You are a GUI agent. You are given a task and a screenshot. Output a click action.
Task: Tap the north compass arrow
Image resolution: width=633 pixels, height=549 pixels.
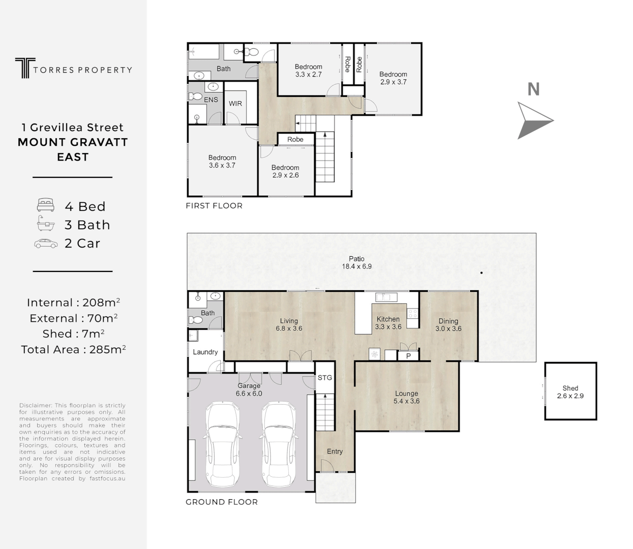(534, 120)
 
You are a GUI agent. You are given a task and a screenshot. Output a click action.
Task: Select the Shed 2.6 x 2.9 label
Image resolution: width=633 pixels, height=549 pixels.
(570, 392)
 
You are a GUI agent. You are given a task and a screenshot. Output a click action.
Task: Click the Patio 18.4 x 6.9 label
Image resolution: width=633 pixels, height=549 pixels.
(356, 263)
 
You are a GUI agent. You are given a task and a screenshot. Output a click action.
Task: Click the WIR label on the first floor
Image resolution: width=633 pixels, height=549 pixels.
(235, 104)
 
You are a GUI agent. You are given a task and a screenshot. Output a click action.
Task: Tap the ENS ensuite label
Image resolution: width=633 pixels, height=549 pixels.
(211, 100)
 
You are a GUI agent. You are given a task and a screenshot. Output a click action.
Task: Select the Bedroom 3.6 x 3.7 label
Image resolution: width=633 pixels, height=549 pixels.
(222, 162)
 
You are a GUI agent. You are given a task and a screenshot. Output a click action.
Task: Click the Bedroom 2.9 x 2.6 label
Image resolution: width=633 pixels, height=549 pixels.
(285, 171)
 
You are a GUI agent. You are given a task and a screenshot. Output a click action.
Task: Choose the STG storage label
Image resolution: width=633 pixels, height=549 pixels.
(325, 378)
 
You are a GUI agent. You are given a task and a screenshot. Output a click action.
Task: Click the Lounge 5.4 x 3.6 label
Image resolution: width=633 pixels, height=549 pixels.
(406, 397)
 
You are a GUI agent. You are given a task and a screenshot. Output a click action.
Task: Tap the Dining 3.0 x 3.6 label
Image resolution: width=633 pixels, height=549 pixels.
(448, 325)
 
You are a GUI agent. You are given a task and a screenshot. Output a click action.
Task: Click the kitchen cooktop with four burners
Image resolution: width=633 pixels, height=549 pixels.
(412, 314)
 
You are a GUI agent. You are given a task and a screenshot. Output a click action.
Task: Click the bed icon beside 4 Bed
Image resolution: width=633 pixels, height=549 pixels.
(46, 206)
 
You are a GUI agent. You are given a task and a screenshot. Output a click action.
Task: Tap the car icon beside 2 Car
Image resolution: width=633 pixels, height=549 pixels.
(46, 243)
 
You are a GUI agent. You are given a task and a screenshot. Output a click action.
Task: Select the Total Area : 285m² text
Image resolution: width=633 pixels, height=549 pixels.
(73, 350)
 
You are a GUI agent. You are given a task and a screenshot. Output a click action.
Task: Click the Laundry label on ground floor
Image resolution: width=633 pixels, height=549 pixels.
(205, 352)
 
